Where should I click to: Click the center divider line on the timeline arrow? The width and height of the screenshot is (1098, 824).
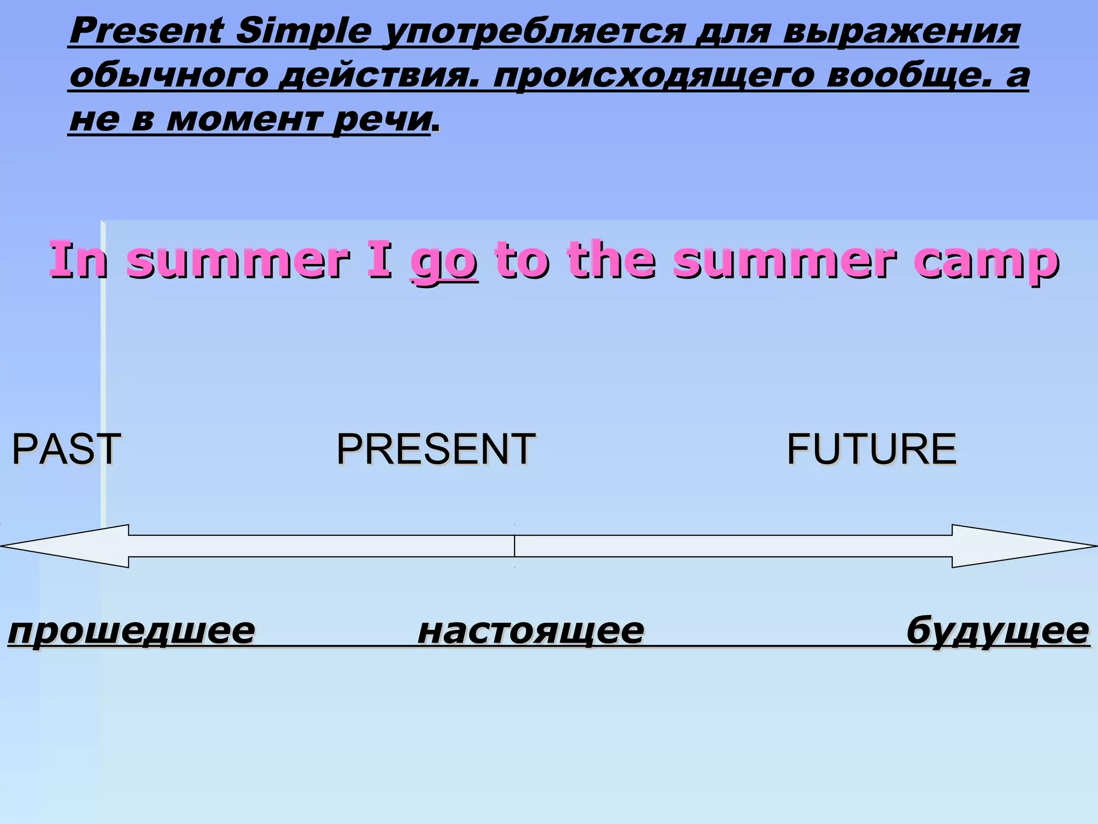coord(515,546)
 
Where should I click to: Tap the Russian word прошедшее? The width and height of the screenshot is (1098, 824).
coord(132,630)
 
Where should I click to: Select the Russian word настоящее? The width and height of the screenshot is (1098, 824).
coord(531,630)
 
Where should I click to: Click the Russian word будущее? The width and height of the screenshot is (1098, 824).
coord(998,630)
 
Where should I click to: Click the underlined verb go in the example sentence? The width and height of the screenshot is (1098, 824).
coord(444,261)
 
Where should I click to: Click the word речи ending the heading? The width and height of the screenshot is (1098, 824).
coord(381,119)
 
